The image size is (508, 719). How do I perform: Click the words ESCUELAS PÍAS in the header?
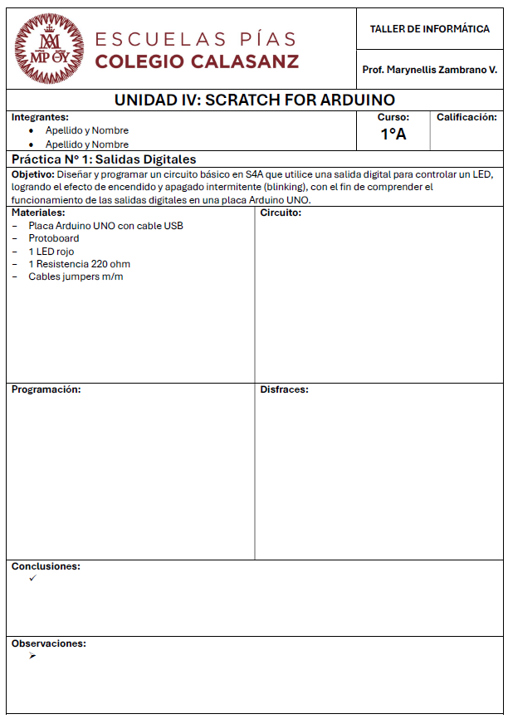point(196,39)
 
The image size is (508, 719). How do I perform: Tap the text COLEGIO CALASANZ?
point(197,61)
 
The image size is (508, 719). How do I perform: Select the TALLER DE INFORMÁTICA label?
point(429,29)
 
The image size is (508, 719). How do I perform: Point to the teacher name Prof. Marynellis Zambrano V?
point(429,70)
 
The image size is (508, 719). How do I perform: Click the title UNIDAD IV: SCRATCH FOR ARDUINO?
point(254,100)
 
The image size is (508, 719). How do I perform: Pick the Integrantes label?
point(40,117)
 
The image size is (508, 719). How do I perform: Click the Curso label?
point(393,118)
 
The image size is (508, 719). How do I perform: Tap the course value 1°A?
point(393,134)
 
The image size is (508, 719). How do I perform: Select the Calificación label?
point(466,118)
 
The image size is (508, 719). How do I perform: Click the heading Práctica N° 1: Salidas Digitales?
point(104,159)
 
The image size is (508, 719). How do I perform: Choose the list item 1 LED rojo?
point(51,252)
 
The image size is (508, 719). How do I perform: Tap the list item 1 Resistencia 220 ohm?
point(79,264)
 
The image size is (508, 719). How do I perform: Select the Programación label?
point(46,389)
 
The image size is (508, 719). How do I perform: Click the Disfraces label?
point(284,389)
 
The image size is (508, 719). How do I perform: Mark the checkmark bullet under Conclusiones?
point(32,578)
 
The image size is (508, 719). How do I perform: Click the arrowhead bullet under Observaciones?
point(32,656)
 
